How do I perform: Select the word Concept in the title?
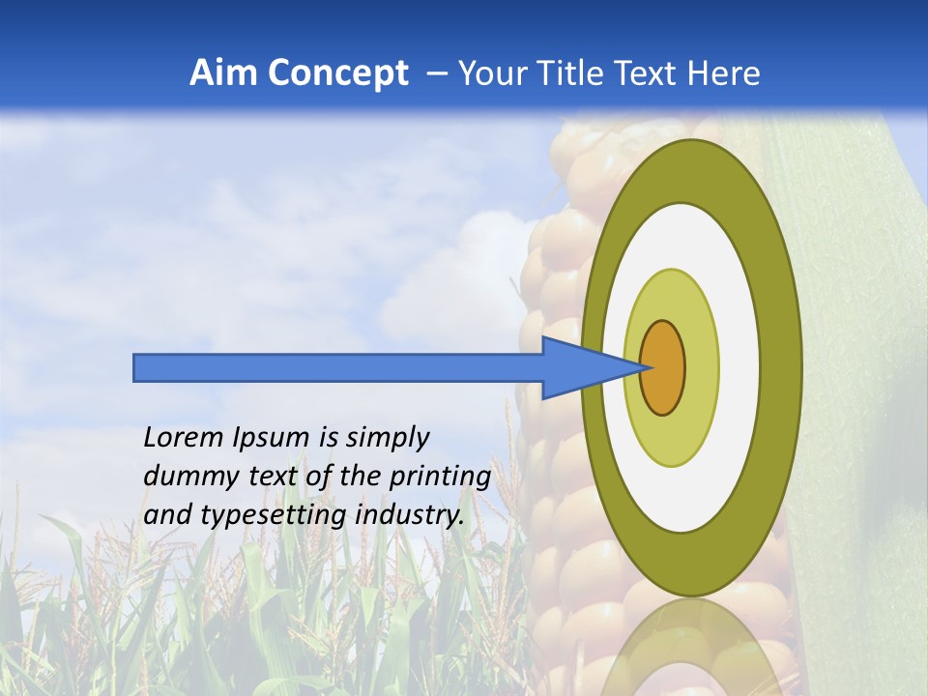click(337, 73)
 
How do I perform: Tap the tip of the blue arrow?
click(644, 367)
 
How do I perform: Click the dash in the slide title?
click(436, 73)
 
